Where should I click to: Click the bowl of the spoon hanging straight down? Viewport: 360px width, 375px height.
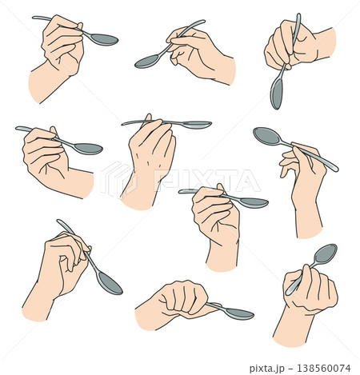tap(276, 93)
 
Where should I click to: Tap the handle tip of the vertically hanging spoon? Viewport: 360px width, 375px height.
tap(298, 15)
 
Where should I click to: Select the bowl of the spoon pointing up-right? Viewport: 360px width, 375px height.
tap(325, 253)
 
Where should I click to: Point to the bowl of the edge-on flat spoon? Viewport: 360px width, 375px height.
tap(195, 125)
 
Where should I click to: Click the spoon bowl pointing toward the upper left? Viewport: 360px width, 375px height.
tap(266, 136)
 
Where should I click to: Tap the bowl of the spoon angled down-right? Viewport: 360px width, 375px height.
tap(110, 283)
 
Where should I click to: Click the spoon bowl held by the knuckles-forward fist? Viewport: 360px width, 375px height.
tap(239, 313)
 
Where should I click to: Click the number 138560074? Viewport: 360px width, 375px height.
tap(324, 368)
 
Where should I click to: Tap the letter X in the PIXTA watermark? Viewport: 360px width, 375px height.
tap(205, 181)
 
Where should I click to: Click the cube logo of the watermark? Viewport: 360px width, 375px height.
tap(117, 179)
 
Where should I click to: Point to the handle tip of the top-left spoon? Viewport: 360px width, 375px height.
tap(34, 18)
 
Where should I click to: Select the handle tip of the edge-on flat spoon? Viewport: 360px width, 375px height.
tap(123, 124)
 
